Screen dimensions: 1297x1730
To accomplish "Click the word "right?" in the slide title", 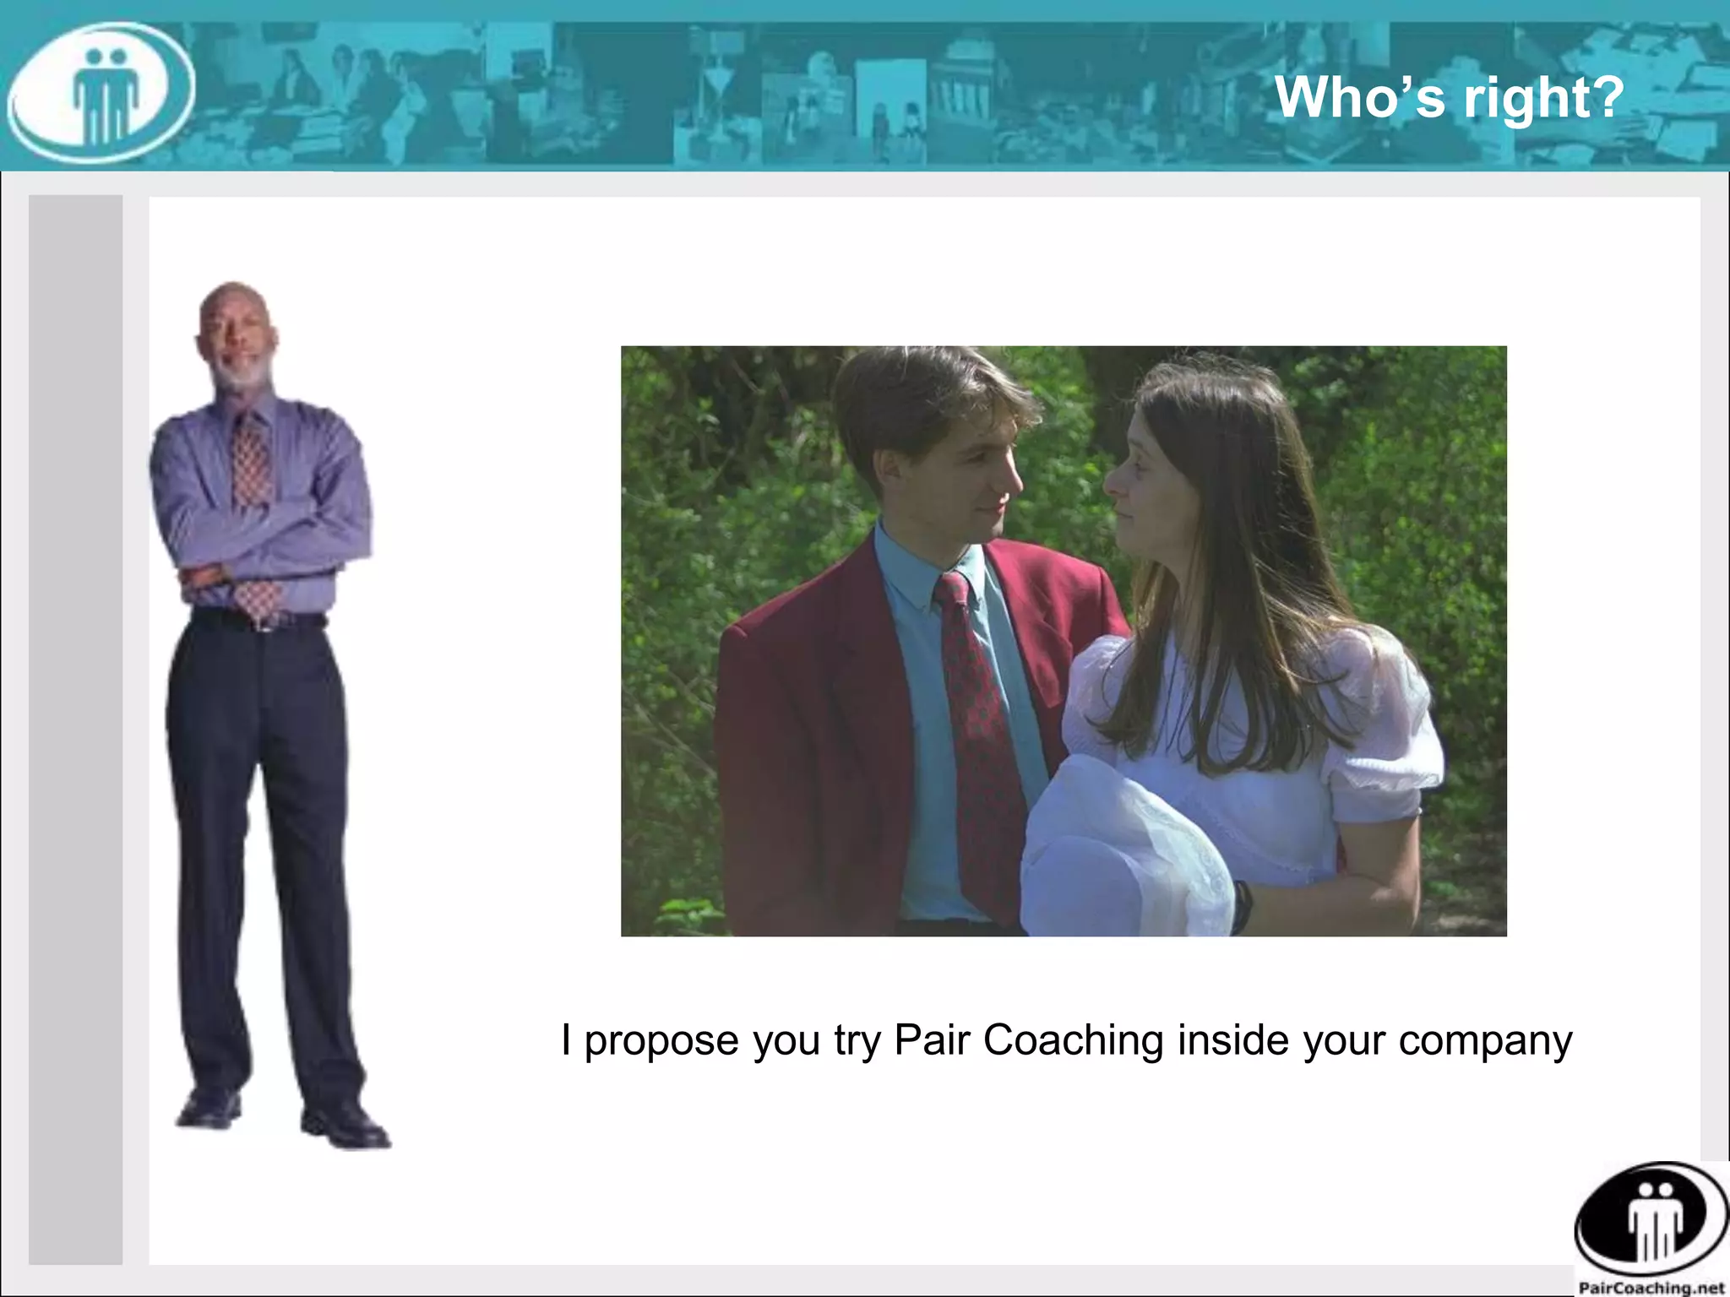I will click(1544, 98).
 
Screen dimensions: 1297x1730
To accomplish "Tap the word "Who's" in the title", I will click(1361, 98).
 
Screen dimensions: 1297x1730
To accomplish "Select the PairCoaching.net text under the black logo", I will click(1651, 1288).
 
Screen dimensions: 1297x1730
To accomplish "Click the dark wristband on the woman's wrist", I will click(1242, 906).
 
